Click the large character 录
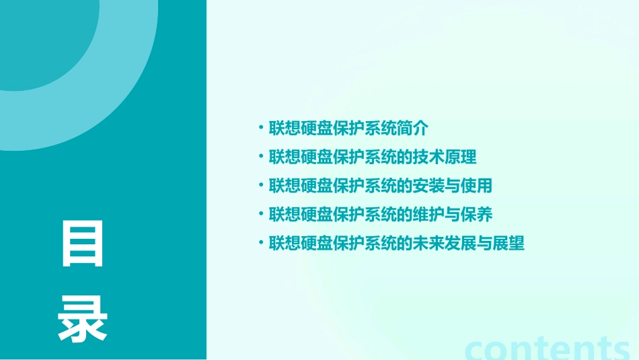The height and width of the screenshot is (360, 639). (x=83, y=320)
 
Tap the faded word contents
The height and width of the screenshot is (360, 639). (x=548, y=349)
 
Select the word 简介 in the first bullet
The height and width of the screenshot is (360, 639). (x=413, y=129)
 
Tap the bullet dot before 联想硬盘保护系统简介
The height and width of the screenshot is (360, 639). (x=261, y=129)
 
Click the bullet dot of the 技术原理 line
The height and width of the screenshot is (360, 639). (x=261, y=157)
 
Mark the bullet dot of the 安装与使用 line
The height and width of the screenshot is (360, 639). (x=261, y=186)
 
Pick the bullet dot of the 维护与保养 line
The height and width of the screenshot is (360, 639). (x=261, y=215)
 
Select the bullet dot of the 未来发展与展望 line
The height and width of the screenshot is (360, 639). (x=261, y=243)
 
